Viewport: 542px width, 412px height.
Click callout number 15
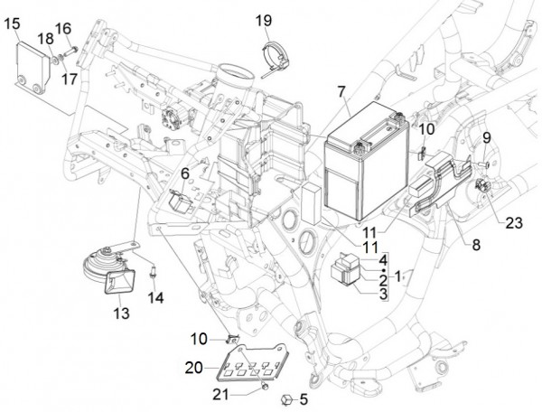pos(13,23)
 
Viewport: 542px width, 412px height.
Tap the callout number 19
pos(263,20)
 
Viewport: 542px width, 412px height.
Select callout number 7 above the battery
pos(341,91)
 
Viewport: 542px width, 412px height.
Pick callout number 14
pos(156,297)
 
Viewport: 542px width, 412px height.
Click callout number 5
pos(304,398)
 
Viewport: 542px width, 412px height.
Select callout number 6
pos(184,173)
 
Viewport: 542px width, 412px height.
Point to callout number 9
pos(485,137)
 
